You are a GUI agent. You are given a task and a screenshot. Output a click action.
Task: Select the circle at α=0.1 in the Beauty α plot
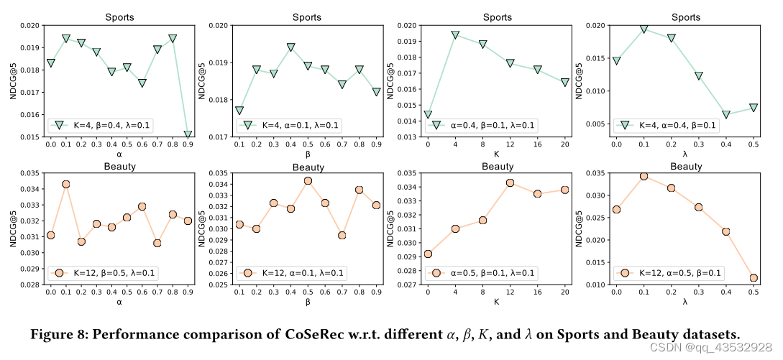click(x=66, y=184)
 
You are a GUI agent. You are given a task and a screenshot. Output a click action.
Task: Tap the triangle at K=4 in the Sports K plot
click(x=455, y=34)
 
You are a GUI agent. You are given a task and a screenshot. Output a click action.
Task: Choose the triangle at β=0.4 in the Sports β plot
click(x=290, y=47)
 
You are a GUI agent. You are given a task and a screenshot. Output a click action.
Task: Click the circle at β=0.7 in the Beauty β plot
click(x=342, y=235)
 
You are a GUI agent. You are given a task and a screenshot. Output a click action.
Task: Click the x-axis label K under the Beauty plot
click(x=497, y=303)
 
